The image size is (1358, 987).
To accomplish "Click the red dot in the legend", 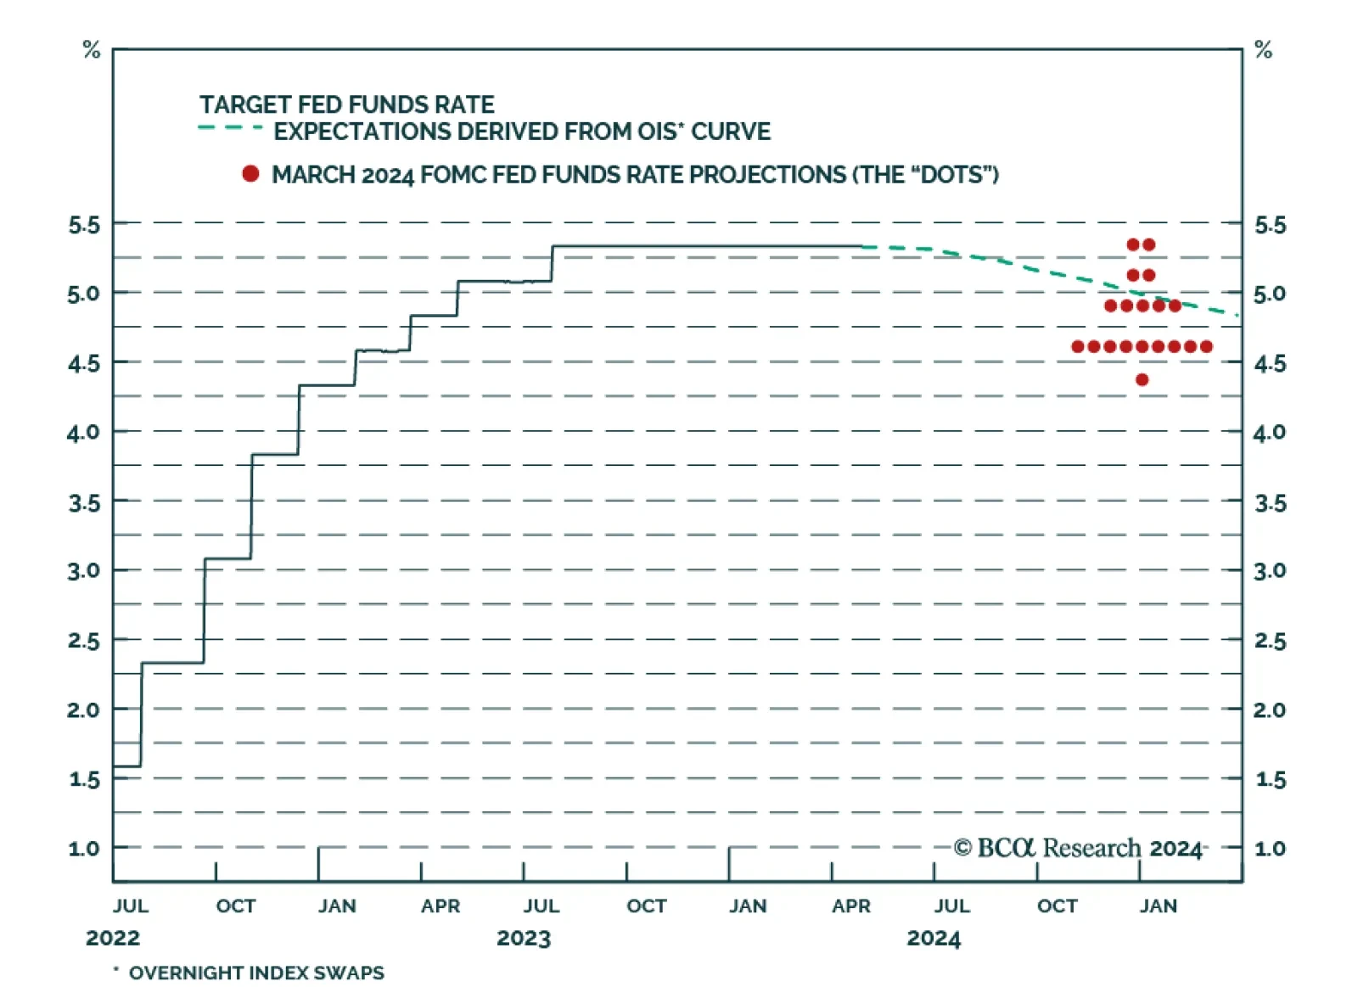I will [x=250, y=174].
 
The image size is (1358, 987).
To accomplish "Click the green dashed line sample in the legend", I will [x=230, y=128].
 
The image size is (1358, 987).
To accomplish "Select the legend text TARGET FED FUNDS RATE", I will [x=346, y=104].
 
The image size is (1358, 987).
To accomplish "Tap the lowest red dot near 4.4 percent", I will [x=1142, y=379].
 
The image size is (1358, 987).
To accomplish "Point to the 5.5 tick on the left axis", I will [x=84, y=225].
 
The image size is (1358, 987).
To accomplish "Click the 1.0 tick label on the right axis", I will [x=1269, y=848].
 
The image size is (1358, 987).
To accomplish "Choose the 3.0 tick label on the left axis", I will [x=84, y=570].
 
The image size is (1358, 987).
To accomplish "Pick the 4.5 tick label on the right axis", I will [x=1269, y=363].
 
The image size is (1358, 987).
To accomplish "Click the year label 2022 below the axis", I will [x=113, y=938].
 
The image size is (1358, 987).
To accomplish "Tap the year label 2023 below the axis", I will [x=524, y=938].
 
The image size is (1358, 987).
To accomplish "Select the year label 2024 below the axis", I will [x=934, y=938].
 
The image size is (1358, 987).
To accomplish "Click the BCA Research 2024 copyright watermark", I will [x=1078, y=848].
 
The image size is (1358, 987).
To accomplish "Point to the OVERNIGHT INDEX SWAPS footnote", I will [x=255, y=973].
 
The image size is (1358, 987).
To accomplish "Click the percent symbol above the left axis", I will [x=92, y=50].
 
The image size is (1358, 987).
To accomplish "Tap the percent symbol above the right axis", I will [x=1263, y=50].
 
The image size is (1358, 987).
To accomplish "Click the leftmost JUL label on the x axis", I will [x=131, y=906].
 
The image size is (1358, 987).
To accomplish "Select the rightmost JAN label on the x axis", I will [x=1158, y=906].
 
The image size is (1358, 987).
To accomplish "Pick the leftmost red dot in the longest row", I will [x=1078, y=346].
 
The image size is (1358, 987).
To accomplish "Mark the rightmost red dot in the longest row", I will [x=1206, y=346].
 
